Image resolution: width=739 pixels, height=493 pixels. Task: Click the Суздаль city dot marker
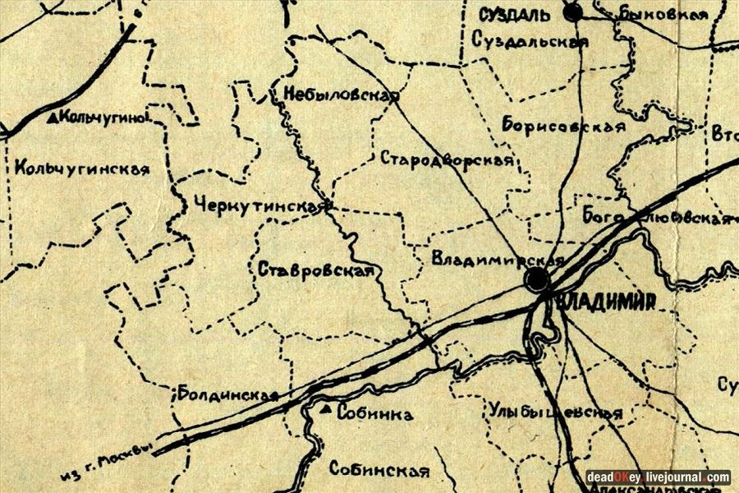click(x=572, y=12)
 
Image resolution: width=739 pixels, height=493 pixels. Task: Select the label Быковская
click(x=663, y=14)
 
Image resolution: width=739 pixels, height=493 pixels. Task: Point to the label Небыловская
click(x=341, y=94)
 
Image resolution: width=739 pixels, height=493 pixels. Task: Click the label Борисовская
click(x=563, y=126)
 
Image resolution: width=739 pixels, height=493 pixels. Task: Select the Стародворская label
click(x=447, y=159)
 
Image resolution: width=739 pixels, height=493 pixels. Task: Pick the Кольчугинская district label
click(x=82, y=169)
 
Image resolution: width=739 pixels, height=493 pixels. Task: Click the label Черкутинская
click(x=261, y=206)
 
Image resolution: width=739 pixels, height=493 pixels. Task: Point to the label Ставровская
click(x=315, y=270)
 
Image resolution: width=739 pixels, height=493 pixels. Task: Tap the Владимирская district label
click(x=497, y=260)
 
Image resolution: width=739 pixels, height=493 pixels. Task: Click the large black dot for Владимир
click(x=537, y=281)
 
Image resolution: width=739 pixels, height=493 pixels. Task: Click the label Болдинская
click(x=227, y=394)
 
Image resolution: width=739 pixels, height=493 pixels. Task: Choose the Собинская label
click(x=379, y=471)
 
